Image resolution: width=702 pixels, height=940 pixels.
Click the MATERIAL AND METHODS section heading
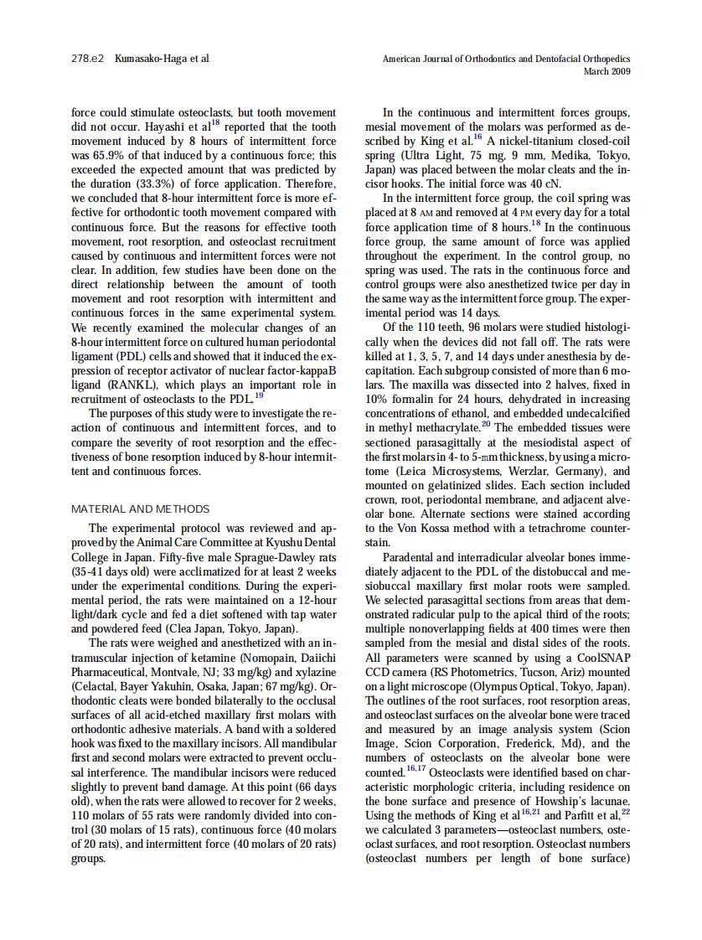(x=141, y=509)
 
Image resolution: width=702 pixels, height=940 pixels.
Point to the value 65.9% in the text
(x=110, y=156)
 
